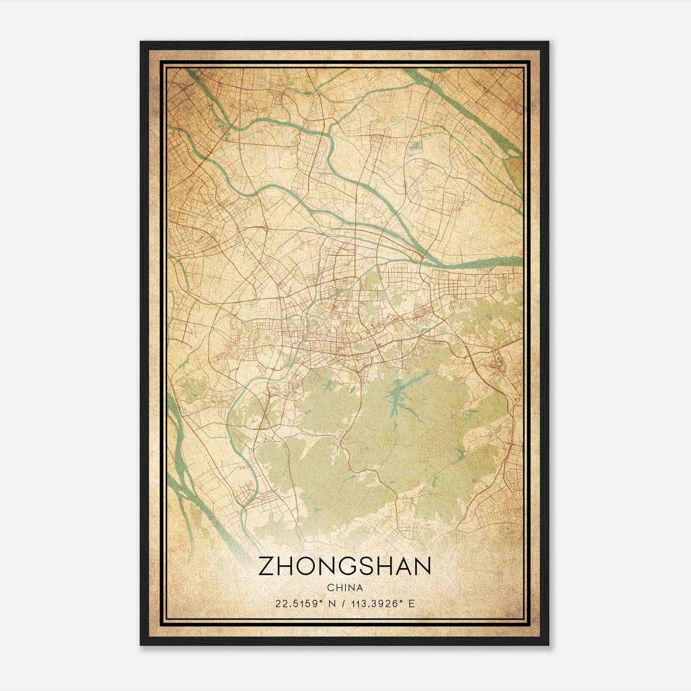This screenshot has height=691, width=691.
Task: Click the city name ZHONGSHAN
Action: click(x=345, y=566)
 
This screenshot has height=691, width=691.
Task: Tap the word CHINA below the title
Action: click(x=345, y=588)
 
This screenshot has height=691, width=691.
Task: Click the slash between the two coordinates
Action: click(x=342, y=604)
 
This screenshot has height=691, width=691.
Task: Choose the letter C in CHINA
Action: click(x=330, y=588)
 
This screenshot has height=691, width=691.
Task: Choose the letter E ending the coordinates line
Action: click(x=412, y=604)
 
